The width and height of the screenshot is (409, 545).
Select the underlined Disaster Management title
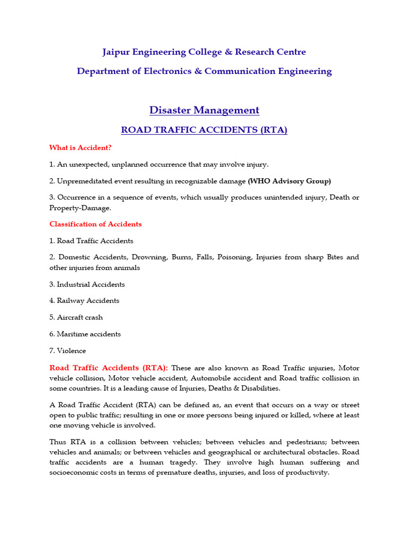click(x=204, y=110)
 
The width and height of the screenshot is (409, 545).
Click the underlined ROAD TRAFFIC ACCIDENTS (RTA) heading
click(x=204, y=130)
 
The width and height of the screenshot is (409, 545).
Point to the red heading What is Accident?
click(x=80, y=147)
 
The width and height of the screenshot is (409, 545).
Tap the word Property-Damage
click(x=79, y=208)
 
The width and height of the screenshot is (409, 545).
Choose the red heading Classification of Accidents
click(x=95, y=224)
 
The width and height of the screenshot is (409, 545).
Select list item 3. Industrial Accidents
click(x=87, y=284)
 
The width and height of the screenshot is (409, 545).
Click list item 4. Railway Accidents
click(x=84, y=301)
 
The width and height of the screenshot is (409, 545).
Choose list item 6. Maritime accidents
click(x=85, y=334)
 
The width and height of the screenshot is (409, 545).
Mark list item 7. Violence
click(x=68, y=351)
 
